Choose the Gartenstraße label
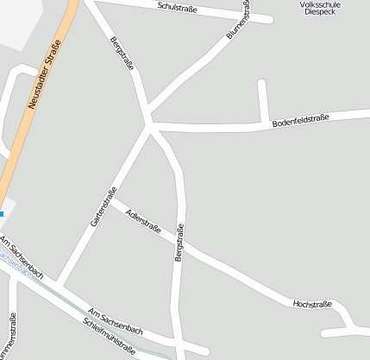point(103,212)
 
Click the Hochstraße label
point(312,303)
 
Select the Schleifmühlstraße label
point(110,336)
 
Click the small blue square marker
point(2,213)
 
